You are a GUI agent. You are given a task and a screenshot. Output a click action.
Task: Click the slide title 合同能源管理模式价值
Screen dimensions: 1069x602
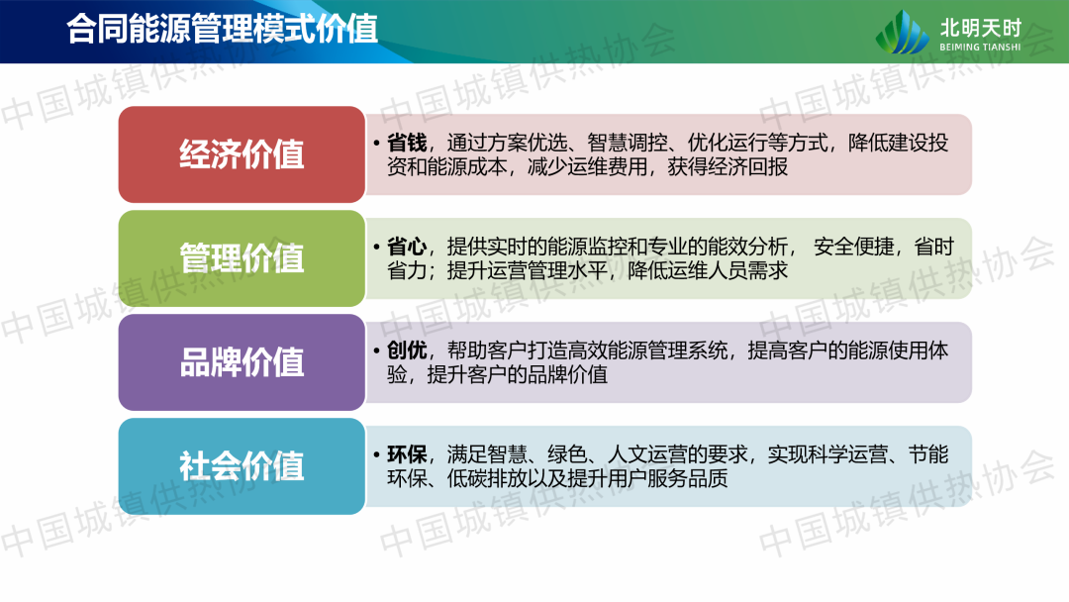[223, 30]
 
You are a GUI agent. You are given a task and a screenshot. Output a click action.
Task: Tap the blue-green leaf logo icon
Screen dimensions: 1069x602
[902, 32]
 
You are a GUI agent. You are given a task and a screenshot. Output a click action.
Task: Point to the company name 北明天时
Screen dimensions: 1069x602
[980, 28]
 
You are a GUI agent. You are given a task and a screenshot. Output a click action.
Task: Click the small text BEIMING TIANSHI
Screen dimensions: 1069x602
[980, 48]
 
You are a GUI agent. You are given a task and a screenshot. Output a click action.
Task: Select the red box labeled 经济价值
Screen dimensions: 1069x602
[243, 154]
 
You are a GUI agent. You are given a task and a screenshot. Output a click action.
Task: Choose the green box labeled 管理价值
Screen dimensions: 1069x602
[243, 258]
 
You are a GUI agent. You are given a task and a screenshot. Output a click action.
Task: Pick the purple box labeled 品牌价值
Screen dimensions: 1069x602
[243, 362]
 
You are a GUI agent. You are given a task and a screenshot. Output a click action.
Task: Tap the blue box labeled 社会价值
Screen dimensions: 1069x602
[243, 466]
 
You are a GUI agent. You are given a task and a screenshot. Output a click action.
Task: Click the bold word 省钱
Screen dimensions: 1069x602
[407, 143]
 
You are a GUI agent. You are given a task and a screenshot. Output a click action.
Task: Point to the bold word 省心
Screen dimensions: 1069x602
[407, 247]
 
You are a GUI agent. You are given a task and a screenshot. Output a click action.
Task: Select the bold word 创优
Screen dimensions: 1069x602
[407, 351]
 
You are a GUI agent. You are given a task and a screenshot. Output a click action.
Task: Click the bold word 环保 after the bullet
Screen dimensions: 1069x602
[407, 454]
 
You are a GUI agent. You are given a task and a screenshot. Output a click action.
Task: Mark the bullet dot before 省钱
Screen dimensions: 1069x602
[376, 144]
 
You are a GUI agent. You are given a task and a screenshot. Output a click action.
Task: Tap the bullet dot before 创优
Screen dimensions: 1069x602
[376, 351]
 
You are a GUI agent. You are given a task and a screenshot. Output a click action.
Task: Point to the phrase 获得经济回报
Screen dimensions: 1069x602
[728, 167]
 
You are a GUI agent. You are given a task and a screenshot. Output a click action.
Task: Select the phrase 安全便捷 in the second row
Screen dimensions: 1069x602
[853, 247]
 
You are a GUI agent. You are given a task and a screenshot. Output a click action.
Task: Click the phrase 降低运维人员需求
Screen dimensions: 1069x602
[708, 270]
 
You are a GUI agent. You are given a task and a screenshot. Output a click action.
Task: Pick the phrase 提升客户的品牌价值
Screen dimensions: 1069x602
[517, 375]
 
